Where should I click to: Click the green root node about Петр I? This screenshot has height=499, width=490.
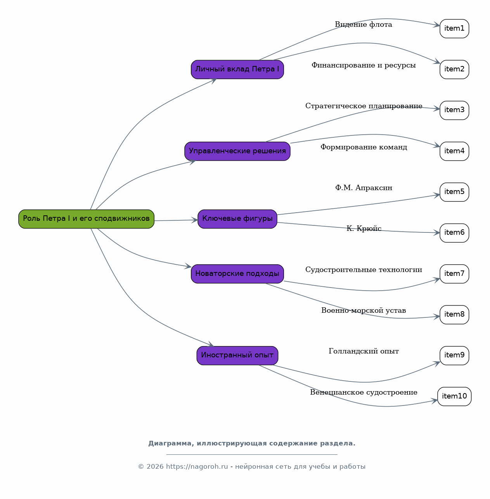(86, 219)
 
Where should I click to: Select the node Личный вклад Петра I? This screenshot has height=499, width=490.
(237, 69)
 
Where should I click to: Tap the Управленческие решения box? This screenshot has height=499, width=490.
(237, 151)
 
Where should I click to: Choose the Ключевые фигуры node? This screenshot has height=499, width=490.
(237, 219)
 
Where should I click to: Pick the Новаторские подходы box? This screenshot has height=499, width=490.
(237, 274)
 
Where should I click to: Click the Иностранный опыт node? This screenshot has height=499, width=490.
(237, 355)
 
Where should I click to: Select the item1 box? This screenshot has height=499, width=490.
(454, 28)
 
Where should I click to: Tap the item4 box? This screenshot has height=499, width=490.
(454, 151)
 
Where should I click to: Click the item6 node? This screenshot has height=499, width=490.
(454, 233)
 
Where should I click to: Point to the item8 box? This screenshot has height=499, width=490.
(454, 314)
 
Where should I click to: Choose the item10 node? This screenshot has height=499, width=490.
(454, 396)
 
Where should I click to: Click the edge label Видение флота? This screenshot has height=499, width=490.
(364, 24)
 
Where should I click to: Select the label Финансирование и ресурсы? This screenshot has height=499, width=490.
(364, 65)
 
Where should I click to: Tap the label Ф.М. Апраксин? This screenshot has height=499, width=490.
(364, 187)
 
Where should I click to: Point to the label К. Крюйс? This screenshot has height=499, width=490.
(364, 229)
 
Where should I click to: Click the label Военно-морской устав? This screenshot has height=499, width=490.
(364, 310)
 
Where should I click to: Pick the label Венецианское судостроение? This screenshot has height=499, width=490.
(364, 392)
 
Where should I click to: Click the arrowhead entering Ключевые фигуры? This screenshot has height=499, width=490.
(195, 220)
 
